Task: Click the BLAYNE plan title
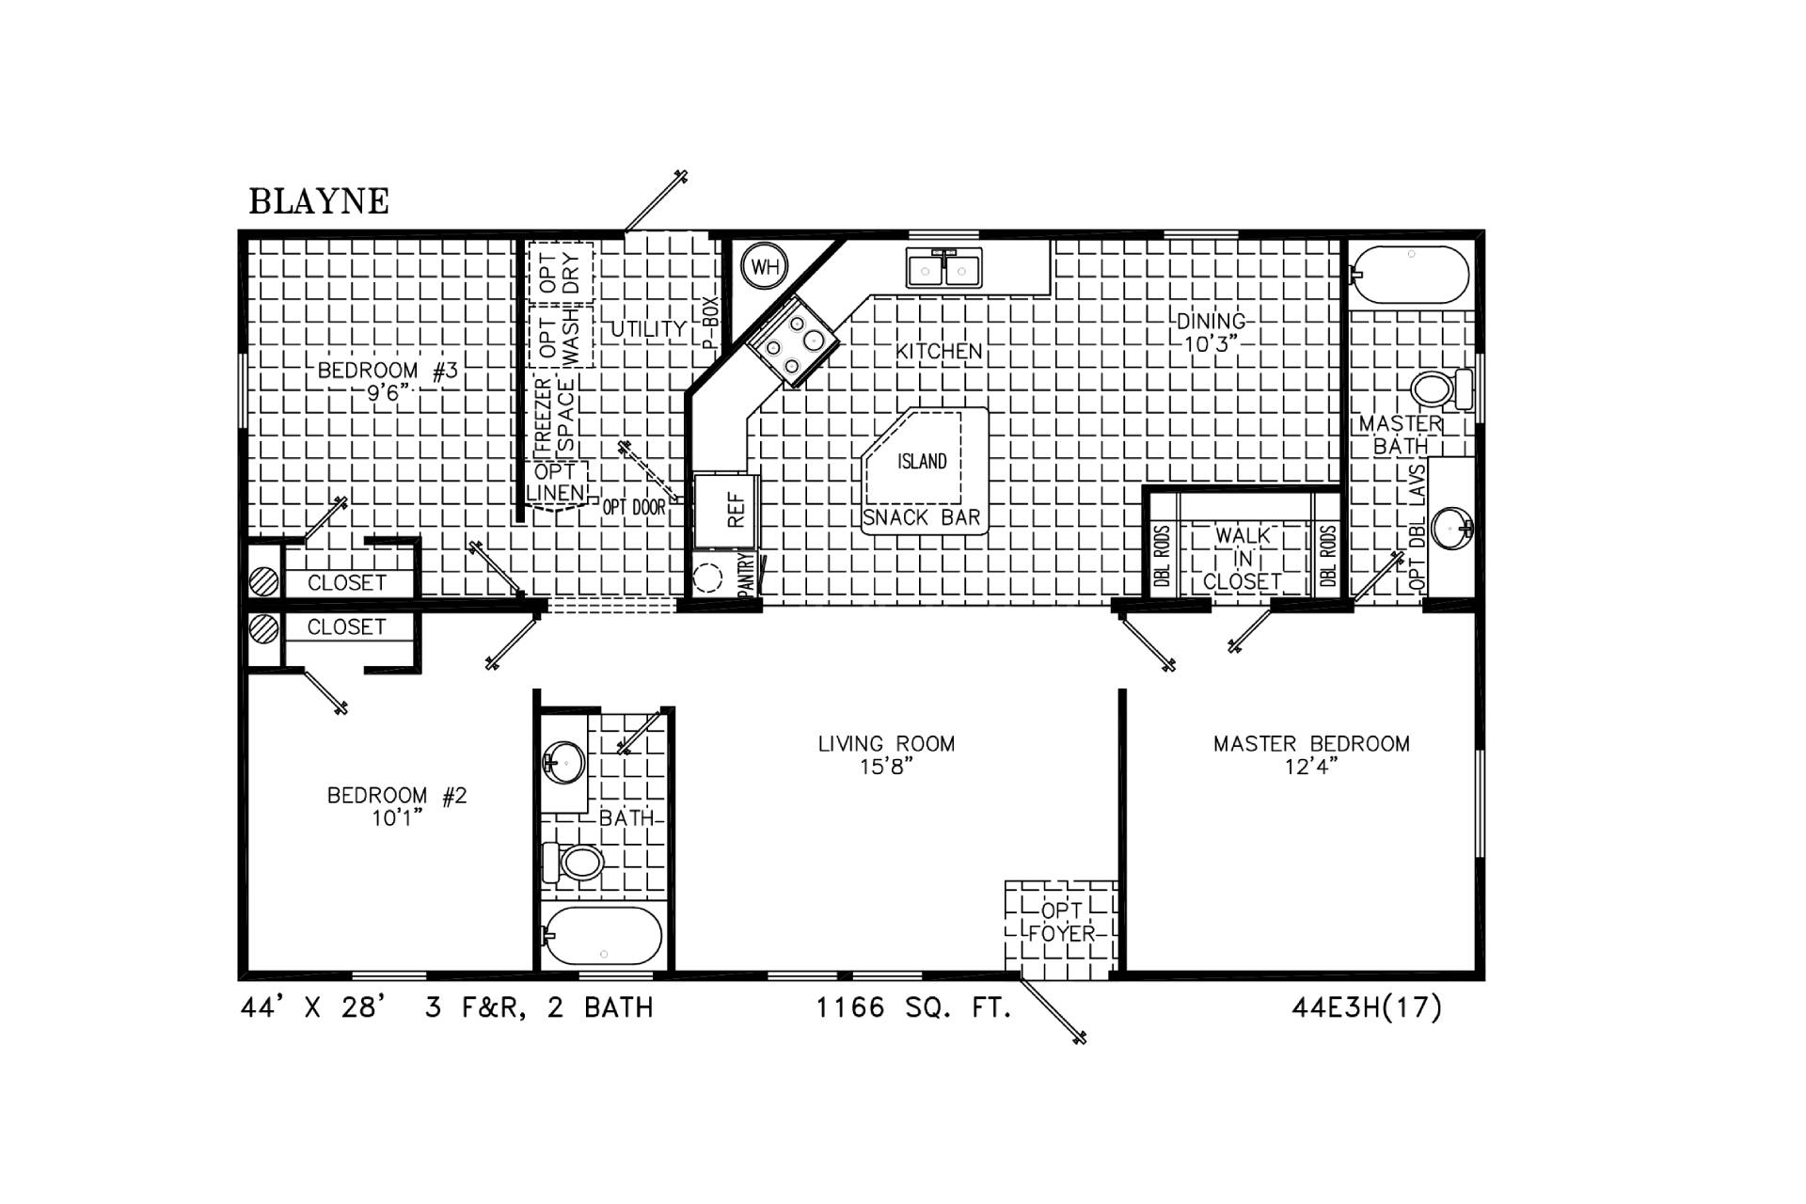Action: click(319, 201)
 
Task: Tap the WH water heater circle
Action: click(765, 266)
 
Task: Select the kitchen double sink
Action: click(943, 267)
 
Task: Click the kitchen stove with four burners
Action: click(793, 341)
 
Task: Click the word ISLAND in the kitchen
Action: click(922, 461)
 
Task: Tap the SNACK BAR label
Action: click(922, 517)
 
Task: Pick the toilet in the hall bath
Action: click(573, 862)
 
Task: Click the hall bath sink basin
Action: click(564, 759)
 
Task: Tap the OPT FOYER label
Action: click(1062, 922)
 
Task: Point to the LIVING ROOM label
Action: click(886, 744)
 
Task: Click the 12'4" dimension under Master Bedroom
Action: click(1311, 767)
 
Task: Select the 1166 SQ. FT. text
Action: click(912, 1008)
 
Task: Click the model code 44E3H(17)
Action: click(1367, 1008)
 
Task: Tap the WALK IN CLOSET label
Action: click(1243, 559)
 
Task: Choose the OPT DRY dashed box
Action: click(561, 273)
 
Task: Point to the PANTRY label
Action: click(746, 574)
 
